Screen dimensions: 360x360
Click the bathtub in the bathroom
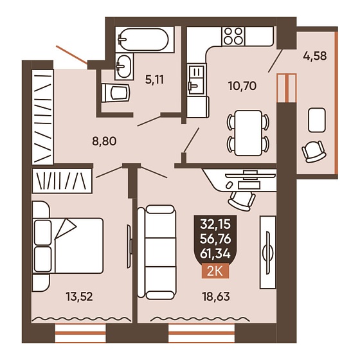coord(145,40)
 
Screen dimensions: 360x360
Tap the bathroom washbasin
coord(124,67)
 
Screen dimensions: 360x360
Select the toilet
coord(116,93)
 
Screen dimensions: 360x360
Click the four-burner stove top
coord(233,36)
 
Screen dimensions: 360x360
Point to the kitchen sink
coord(195,80)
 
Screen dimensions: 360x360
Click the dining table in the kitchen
coord(248,133)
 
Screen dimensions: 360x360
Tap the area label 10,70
coord(242,86)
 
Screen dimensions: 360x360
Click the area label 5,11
coord(154,80)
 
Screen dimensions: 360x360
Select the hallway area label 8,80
coord(104,141)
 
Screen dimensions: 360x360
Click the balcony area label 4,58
coord(315,56)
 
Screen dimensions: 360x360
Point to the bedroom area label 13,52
coord(79,296)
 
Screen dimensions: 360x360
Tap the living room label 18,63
coord(216,296)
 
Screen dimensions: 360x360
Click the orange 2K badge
coord(215,271)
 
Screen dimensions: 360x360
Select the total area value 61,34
coord(215,254)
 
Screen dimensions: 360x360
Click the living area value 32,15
coord(215,224)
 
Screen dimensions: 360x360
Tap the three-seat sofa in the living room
coord(157,252)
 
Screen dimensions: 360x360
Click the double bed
coord(67,246)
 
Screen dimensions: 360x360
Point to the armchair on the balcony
coord(314,151)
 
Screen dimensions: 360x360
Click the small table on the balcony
coord(317,120)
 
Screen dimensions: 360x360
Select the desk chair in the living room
coord(242,201)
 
